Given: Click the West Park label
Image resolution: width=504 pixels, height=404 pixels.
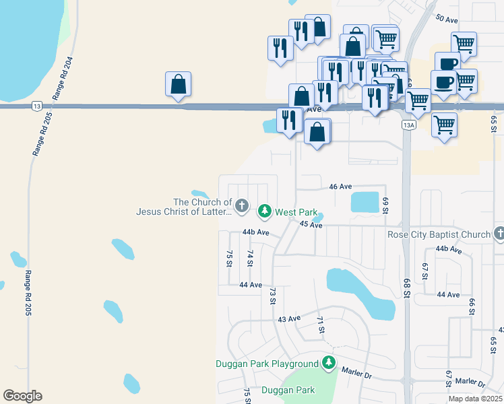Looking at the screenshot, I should coord(296,212).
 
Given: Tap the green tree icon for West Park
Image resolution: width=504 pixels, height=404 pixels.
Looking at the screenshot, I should coord(265,211).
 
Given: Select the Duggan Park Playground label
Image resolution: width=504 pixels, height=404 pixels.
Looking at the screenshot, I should coord(267,364).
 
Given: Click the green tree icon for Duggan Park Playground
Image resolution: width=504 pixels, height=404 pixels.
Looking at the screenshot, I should coord(329,363).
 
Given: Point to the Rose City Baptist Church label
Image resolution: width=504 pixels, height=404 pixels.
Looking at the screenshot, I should coord(439,234).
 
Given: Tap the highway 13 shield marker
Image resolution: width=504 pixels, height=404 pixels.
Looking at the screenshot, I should coord(36,106).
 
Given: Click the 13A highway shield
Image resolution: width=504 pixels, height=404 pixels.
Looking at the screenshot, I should coord(408,125).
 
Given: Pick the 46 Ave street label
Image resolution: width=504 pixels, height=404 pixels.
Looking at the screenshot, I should coord(341,187).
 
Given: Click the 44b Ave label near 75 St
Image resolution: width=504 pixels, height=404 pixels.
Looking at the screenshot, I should coord(256,232).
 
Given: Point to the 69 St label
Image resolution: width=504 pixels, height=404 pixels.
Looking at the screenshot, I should coord(386,206).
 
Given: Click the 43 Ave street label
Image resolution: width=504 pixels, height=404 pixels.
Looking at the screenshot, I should coord(288,318).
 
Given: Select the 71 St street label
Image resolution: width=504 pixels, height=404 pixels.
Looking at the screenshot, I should coord(321,325).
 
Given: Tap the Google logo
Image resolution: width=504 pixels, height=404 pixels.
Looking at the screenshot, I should coord(22,396).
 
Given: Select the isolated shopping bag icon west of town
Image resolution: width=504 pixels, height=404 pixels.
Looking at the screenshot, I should coord(178,85).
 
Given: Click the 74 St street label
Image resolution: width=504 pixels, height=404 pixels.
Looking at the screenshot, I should coord(250,258).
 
